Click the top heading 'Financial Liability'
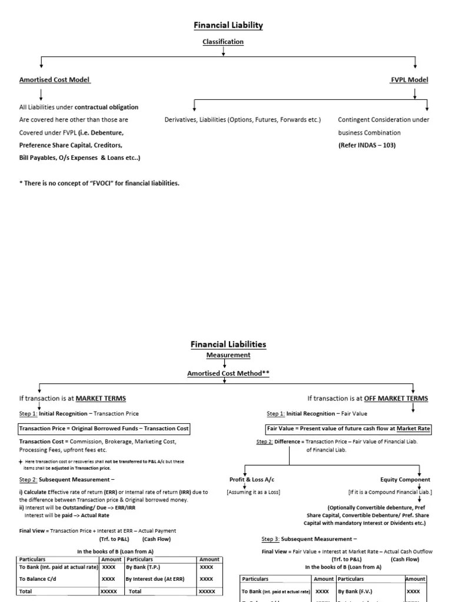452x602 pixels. [x=228, y=25]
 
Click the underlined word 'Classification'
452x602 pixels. [x=223, y=42]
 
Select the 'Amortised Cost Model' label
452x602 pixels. [x=55, y=79]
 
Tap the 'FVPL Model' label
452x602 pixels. [x=410, y=79]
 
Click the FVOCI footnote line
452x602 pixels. [x=99, y=183]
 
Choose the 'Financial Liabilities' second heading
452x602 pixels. [x=228, y=345]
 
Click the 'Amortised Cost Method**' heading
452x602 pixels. [x=228, y=373]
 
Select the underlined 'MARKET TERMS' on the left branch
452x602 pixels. [x=101, y=398]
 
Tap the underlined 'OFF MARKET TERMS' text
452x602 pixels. [x=396, y=398]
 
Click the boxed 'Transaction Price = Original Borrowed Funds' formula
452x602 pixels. [x=104, y=429]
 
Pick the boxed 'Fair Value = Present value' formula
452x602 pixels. [x=349, y=429]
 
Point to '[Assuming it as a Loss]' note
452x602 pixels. [x=254, y=491]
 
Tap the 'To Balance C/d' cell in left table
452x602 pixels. [x=38, y=579]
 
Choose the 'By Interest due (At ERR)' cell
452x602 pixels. [x=155, y=579]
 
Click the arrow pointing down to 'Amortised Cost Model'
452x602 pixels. [x=41, y=63]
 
